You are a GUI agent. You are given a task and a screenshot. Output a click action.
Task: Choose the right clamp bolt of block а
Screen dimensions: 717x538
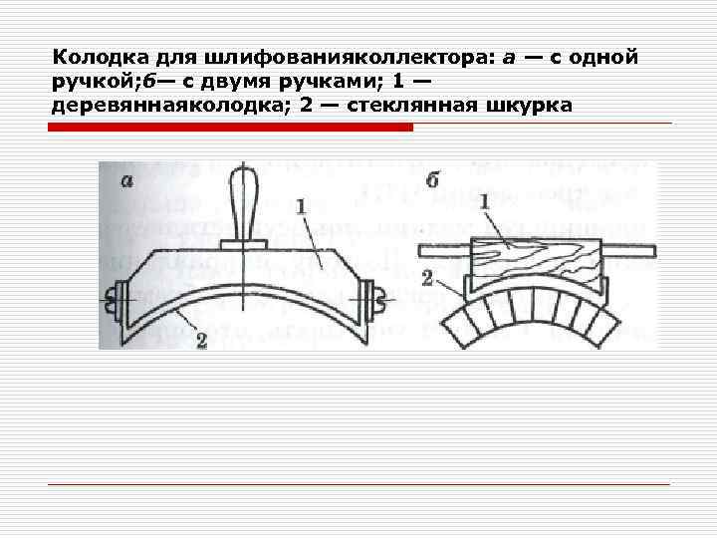(x=377, y=296)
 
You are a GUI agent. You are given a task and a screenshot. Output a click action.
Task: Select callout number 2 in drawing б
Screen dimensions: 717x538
(x=426, y=276)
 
